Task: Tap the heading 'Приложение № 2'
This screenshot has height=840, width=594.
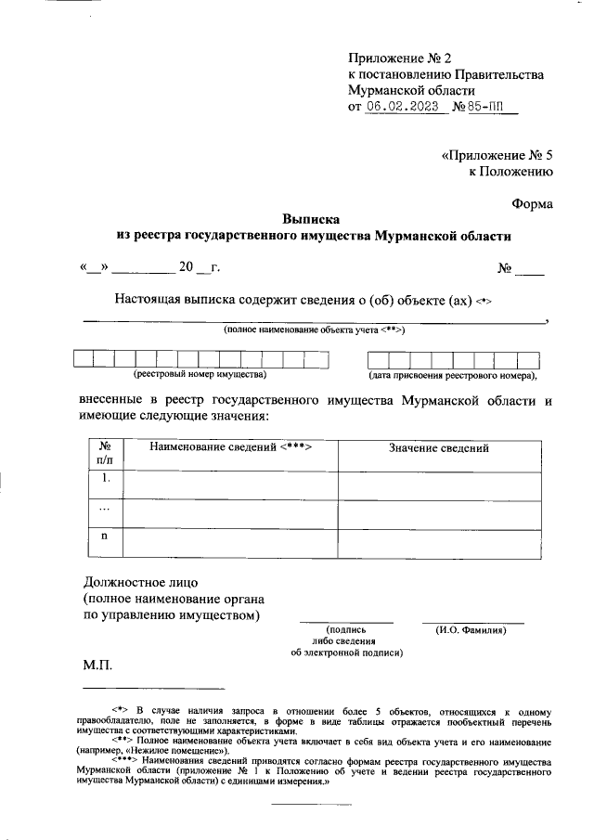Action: [398, 58]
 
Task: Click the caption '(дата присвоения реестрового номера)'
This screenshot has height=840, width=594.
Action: [452, 376]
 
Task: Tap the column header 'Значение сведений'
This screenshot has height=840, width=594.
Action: [438, 448]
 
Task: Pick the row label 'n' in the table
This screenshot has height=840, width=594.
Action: [105, 536]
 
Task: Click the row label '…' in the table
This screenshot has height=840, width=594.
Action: [105, 509]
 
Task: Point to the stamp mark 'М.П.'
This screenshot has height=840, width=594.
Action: [97, 666]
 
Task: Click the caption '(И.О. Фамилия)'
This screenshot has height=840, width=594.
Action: [471, 630]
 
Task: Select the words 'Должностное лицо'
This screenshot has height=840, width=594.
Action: [136, 583]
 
